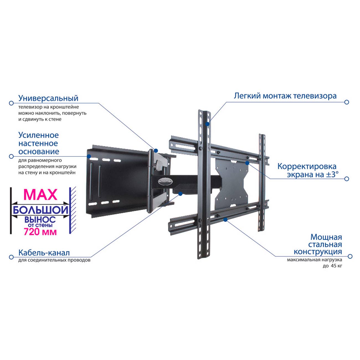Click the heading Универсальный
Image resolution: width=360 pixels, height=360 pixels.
(x=48, y=98)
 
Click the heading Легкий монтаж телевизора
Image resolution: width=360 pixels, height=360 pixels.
(x=285, y=96)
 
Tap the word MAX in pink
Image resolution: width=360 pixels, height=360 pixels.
(x=40, y=195)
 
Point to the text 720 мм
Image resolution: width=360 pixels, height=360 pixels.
(x=40, y=232)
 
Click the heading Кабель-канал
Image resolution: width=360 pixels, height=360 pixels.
(x=44, y=253)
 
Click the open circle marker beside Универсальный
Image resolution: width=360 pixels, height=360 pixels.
(x=11, y=103)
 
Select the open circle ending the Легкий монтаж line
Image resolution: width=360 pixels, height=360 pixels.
(x=346, y=102)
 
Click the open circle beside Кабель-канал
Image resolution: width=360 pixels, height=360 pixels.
(x=11, y=257)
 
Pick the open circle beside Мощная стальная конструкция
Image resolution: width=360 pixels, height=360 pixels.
(x=350, y=256)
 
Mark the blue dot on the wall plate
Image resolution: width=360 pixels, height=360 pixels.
(x=89, y=156)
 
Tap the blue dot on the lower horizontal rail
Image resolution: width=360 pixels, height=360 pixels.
(x=225, y=220)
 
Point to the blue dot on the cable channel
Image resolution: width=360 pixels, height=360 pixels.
(x=180, y=194)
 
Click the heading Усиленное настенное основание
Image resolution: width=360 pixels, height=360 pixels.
(x=39, y=143)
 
